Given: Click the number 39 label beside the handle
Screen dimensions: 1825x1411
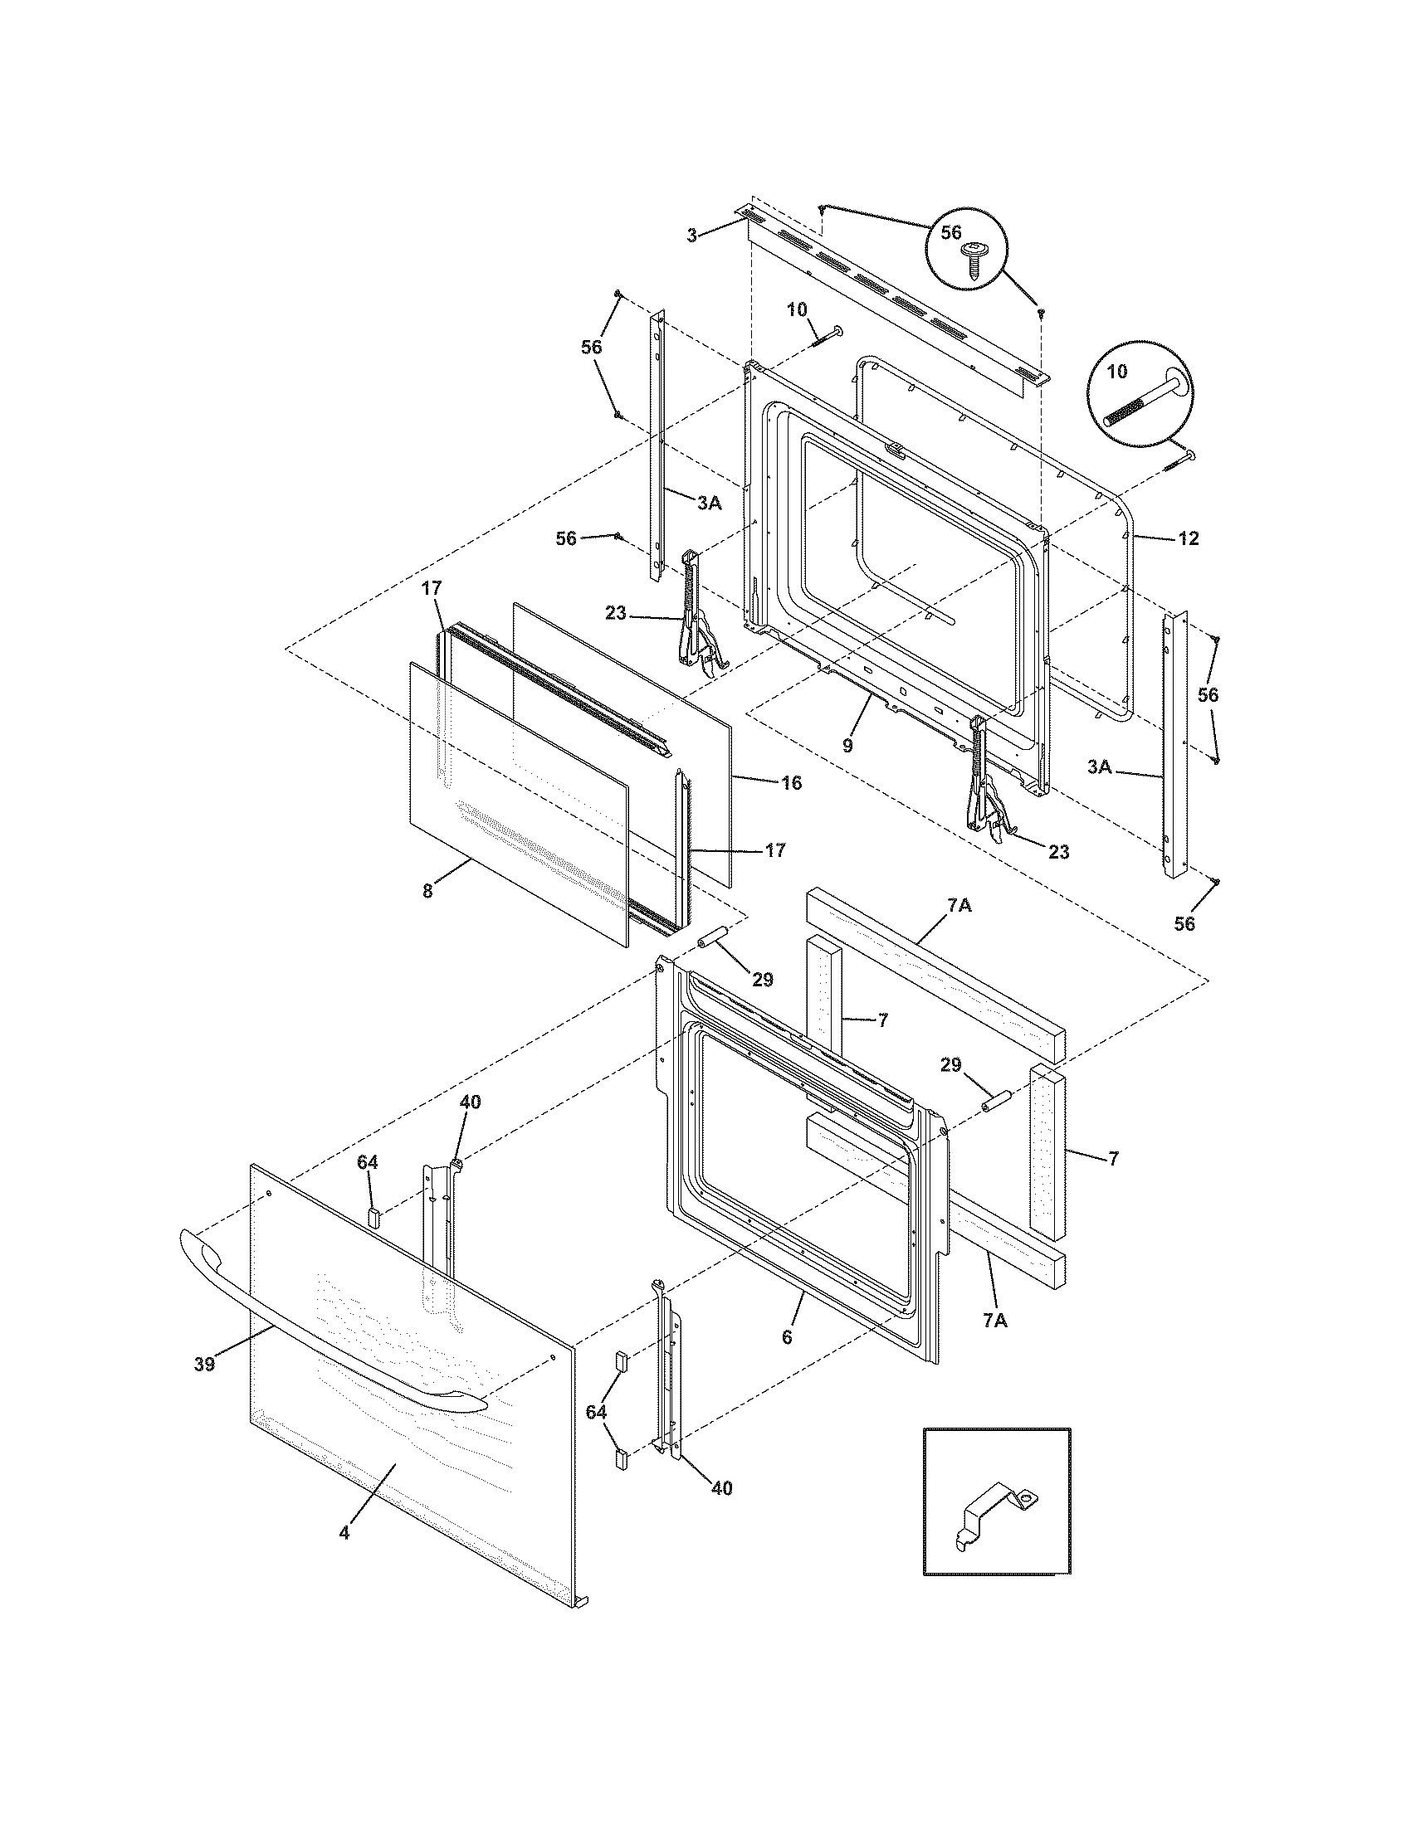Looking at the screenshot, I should tap(204, 1365).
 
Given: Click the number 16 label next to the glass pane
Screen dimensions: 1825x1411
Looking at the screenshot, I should tap(791, 783).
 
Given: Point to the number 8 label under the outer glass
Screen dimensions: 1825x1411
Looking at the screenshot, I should tap(427, 892).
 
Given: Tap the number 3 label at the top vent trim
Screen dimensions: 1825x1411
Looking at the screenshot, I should tap(691, 236).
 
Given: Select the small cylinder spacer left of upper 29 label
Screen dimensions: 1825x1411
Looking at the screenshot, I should tap(710, 939).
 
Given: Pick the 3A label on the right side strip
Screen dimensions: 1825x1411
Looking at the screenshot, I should tap(1100, 766).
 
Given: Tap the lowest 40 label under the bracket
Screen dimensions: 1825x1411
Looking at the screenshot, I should tap(721, 1488).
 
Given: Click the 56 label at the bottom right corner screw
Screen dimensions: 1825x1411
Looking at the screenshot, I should tap(1184, 923).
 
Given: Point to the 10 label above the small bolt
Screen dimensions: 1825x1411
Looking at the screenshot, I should tap(796, 310).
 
